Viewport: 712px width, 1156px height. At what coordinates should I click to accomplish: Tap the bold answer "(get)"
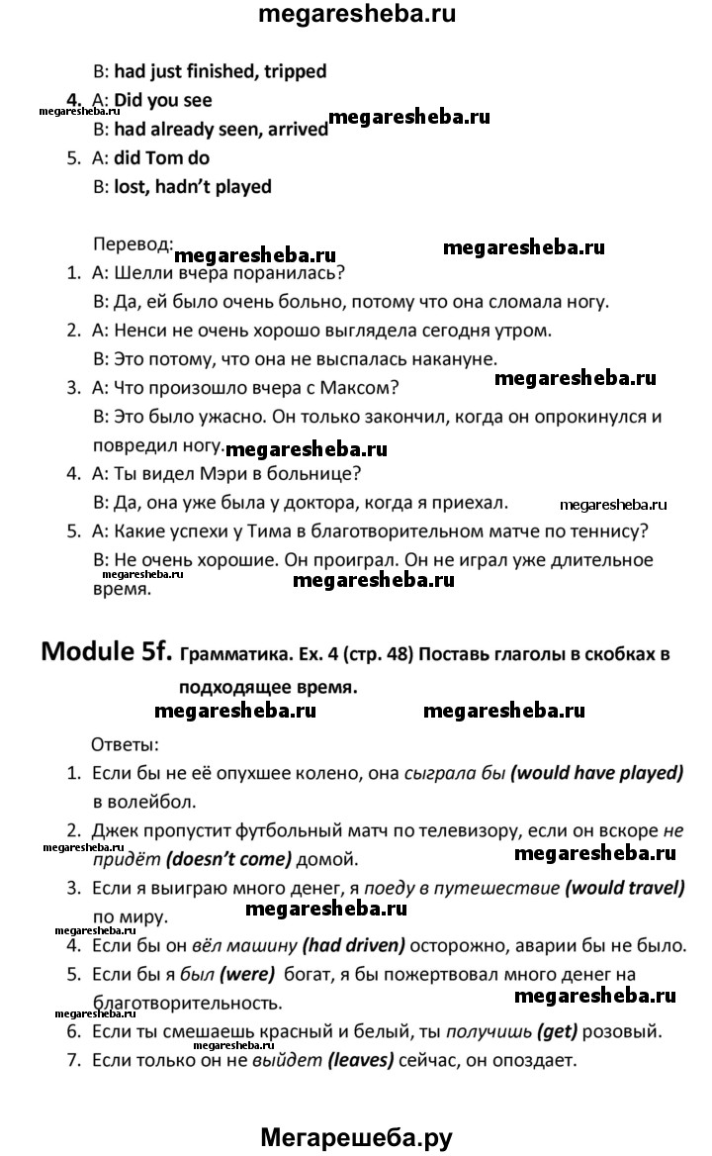(559, 1032)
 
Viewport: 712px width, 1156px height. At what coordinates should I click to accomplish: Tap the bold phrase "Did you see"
(163, 100)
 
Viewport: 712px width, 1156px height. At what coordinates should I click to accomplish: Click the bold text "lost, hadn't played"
(193, 186)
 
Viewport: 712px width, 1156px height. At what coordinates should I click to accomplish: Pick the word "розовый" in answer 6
(624, 1032)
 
